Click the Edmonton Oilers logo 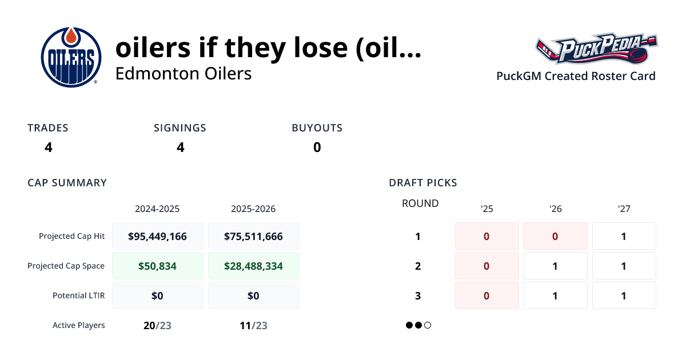click(x=71, y=57)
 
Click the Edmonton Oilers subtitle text click(x=183, y=74)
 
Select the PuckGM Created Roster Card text click(x=576, y=76)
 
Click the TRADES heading click(x=48, y=128)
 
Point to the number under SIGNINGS click(x=180, y=147)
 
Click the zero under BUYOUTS click(x=317, y=147)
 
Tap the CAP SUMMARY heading click(x=67, y=183)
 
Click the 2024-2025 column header click(x=157, y=209)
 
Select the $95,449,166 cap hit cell click(x=157, y=236)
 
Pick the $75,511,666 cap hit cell click(x=253, y=236)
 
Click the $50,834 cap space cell click(x=157, y=266)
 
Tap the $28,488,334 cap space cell click(x=253, y=266)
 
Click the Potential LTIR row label click(x=79, y=295)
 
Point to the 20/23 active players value click(x=157, y=326)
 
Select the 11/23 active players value click(x=253, y=326)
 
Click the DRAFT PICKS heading click(x=422, y=183)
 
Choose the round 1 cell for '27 click(x=624, y=236)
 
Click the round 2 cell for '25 click(x=486, y=266)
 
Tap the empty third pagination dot click(x=428, y=325)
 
